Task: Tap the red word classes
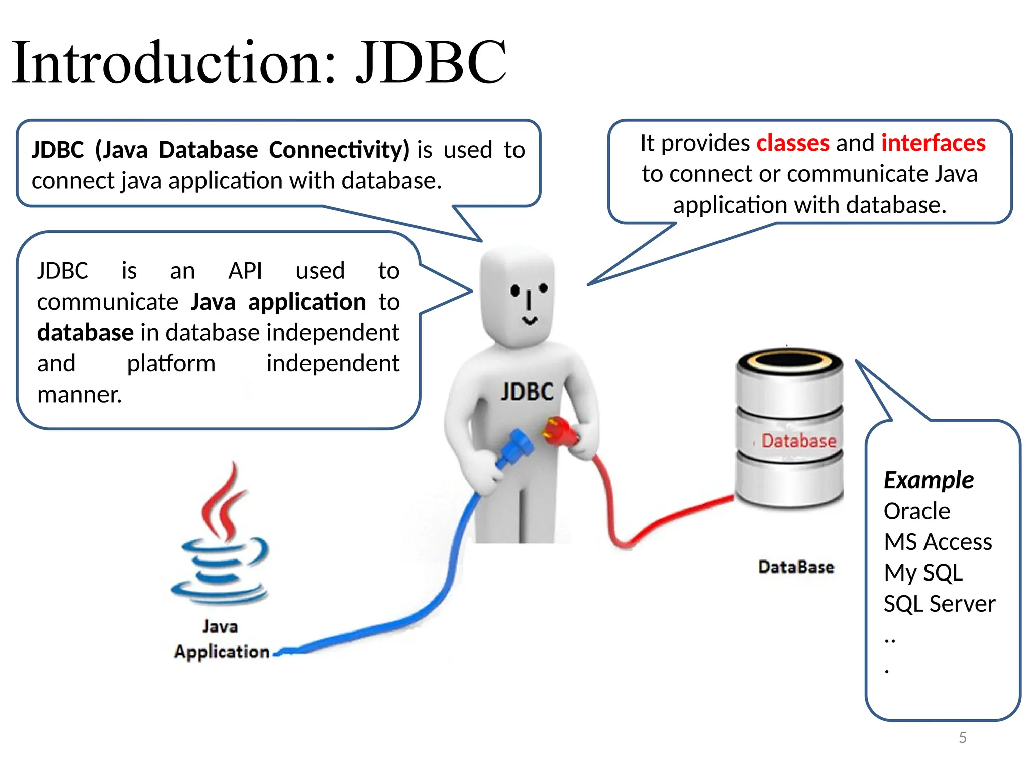pos(792,143)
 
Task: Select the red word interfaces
pos(933,143)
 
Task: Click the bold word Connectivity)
pos(339,150)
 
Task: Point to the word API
pos(245,271)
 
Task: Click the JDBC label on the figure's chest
pos(527,392)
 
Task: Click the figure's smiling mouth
pos(530,320)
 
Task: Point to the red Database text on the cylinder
pos(798,441)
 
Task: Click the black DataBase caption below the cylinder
pos(796,567)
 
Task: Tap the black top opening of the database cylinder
pos(789,361)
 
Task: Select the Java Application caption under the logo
pos(221,639)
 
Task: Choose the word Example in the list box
pos(929,480)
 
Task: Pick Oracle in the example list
pos(916,511)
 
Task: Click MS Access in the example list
pos(938,542)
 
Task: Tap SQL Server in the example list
pos(939,604)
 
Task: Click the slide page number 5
pos(962,737)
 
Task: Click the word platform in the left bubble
pos(171,363)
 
